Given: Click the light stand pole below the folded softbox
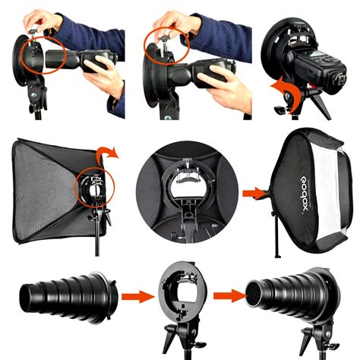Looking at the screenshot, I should click(x=96, y=239).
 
